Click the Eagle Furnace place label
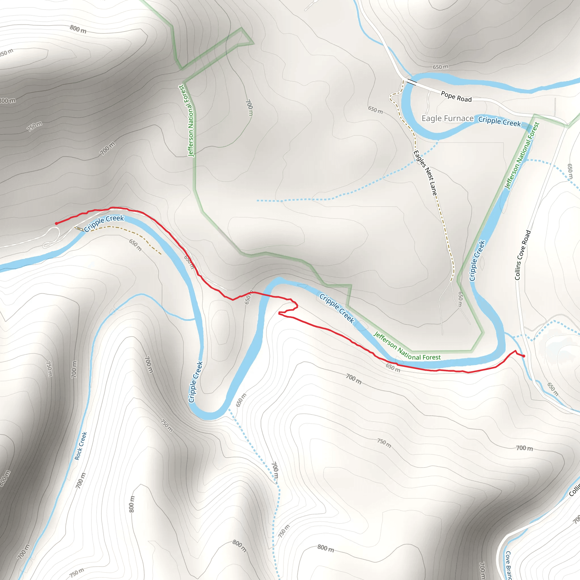447,119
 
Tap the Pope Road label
456,97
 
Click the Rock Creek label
80,446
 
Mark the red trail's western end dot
56,223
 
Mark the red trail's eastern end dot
524,356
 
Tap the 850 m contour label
6,53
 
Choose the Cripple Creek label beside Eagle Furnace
499,121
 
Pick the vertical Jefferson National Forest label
190,120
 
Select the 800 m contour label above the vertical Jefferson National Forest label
78,29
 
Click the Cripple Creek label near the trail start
104,223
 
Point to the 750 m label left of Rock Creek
49,369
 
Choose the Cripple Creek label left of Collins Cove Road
477,261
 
